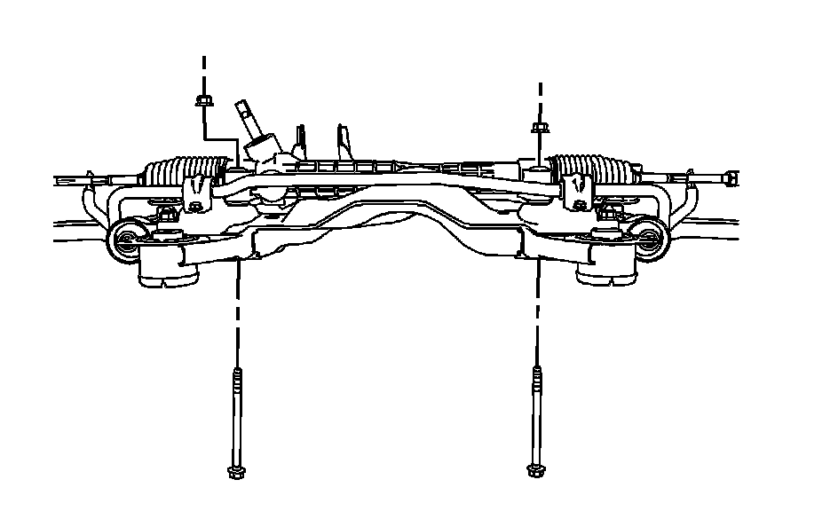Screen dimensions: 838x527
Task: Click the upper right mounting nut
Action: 540,128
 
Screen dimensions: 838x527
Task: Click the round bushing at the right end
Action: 651,237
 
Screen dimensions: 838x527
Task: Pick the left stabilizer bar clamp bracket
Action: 196,191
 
